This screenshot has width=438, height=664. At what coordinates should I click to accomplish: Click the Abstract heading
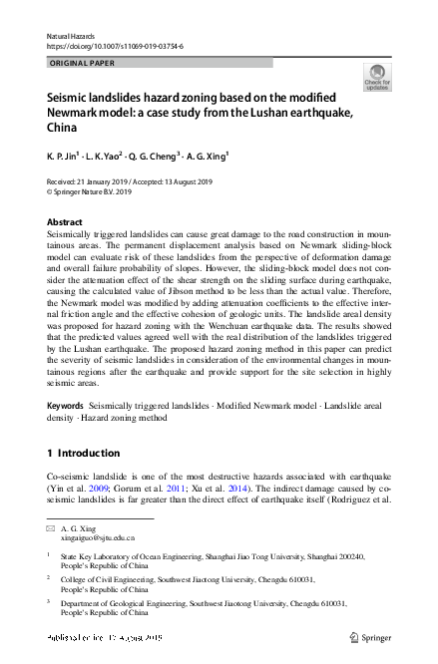(x=65, y=221)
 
